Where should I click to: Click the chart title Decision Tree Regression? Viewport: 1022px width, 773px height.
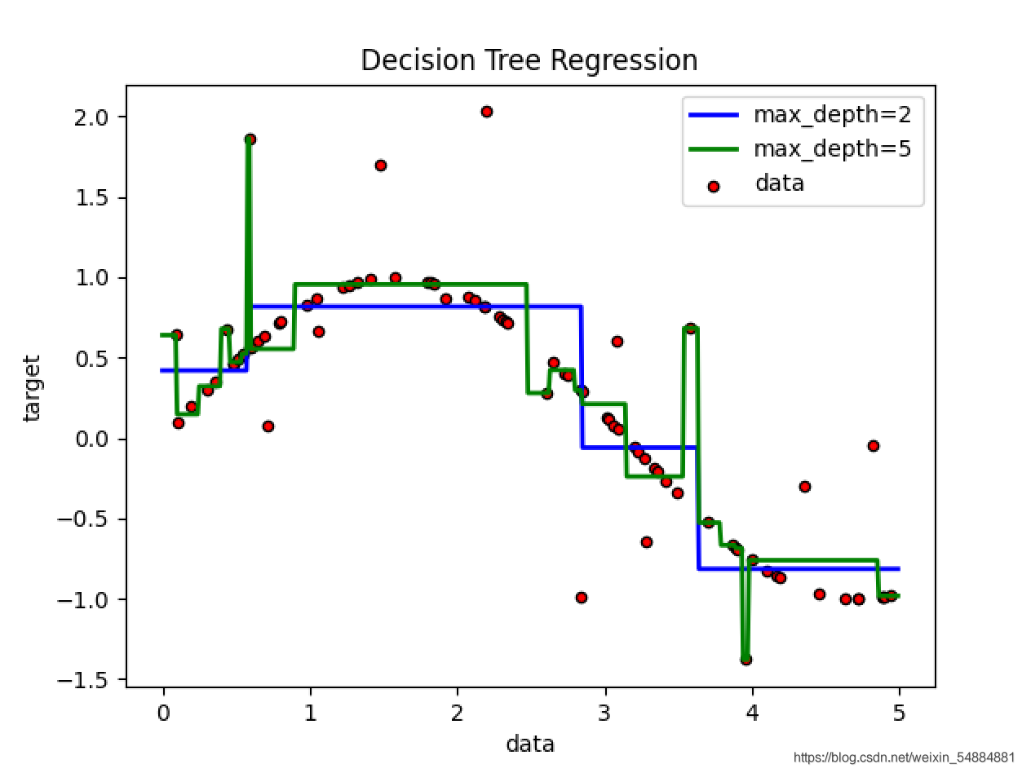[529, 60]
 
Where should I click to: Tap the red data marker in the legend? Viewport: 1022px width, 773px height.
[714, 186]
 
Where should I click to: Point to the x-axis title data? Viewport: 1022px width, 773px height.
[530, 744]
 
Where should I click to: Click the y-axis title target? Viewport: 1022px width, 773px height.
[32, 387]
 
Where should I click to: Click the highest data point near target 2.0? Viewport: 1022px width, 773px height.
[487, 112]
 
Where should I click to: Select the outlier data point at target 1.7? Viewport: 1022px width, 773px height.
[381, 166]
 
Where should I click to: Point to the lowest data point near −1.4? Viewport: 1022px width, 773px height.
[745, 659]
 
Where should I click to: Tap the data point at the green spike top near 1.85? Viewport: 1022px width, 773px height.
[250, 139]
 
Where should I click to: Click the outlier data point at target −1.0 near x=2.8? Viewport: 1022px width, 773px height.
[582, 598]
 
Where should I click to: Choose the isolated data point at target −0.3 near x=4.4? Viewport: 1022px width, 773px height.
[805, 487]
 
